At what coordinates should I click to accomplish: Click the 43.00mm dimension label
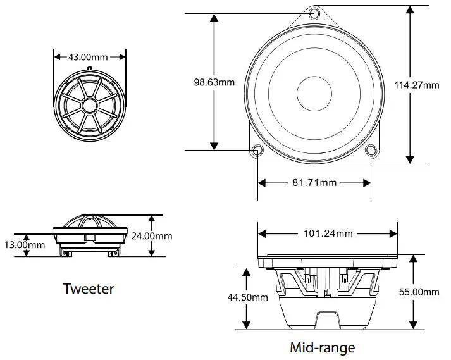[x=89, y=57]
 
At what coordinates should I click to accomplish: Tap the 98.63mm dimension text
[x=214, y=82]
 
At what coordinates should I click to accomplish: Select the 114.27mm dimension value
[x=417, y=85]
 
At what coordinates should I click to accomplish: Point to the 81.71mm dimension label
[x=314, y=183]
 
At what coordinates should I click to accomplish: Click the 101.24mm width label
[x=328, y=233]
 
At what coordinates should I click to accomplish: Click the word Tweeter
[x=89, y=289]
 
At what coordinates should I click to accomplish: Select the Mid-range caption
[x=323, y=347]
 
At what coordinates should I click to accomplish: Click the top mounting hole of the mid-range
[x=314, y=13]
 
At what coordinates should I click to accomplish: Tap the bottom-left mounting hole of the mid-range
[x=257, y=151]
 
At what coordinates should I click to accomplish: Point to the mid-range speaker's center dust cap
[x=314, y=92]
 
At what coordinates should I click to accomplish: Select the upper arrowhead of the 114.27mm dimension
[x=412, y=11]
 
